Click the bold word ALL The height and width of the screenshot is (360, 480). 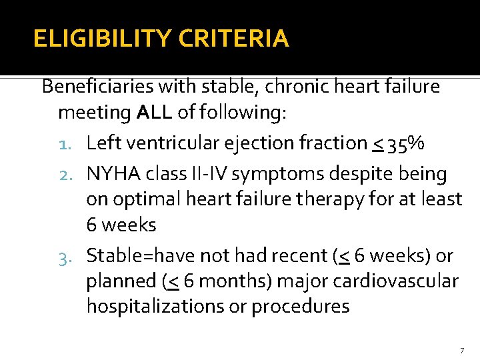[x=155, y=113]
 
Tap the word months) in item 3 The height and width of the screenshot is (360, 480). [x=233, y=281]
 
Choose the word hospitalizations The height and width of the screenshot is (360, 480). [x=152, y=307]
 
